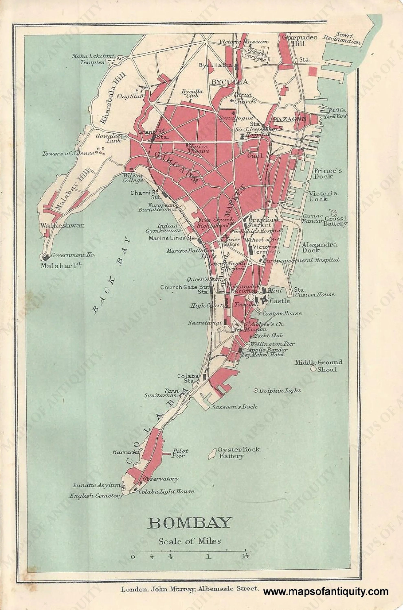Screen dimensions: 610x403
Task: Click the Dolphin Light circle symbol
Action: pos(256,391)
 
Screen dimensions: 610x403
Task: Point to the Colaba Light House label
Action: pos(166,492)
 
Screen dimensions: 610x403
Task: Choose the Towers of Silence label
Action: pos(68,154)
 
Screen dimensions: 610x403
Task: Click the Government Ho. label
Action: pos(73,255)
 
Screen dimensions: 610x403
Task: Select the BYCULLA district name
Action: pos(229,82)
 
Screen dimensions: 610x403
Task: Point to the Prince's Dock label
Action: pos(328,173)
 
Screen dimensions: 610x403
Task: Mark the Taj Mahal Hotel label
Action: pos(263,354)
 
